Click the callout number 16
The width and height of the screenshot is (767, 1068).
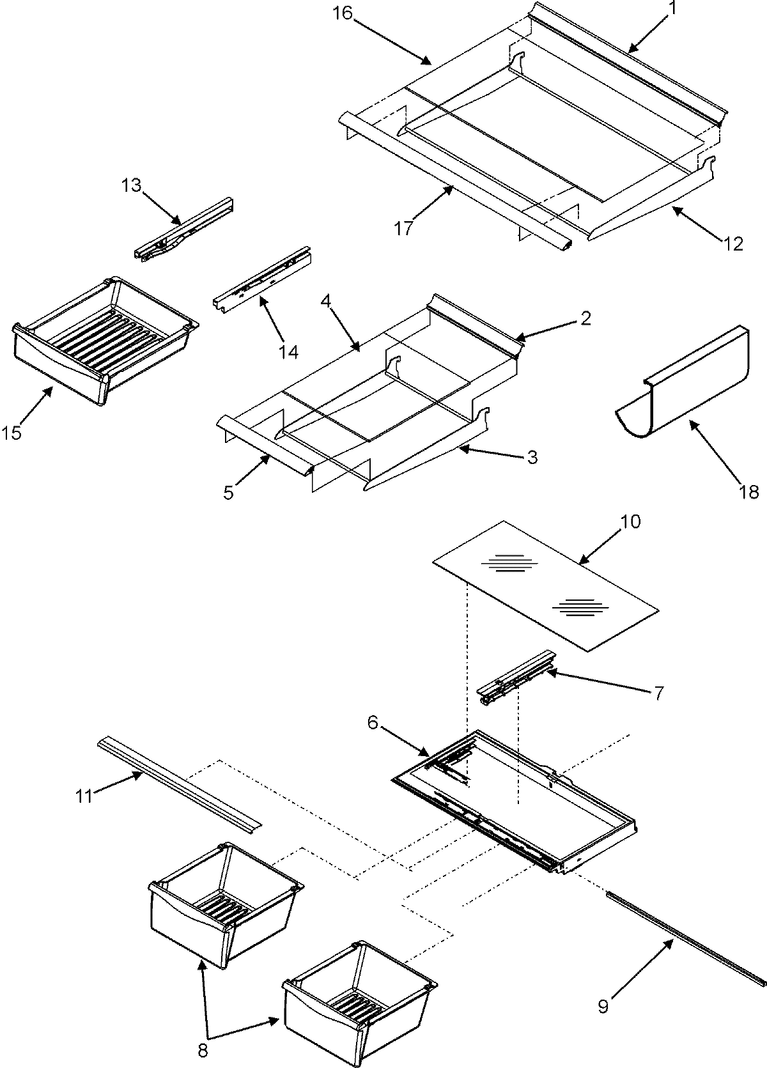pos(343,13)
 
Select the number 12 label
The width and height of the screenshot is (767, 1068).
pos(734,244)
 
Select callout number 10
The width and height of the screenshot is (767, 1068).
pos(630,521)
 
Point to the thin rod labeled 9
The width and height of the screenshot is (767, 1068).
pos(684,939)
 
